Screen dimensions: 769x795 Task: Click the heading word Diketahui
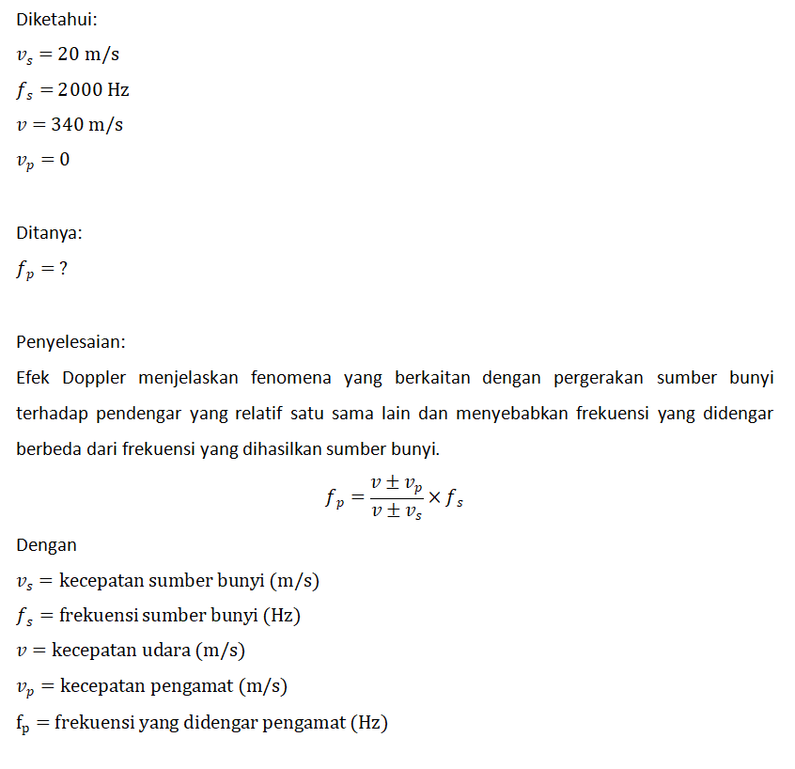pos(55,20)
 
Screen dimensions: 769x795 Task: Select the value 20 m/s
pos(88,55)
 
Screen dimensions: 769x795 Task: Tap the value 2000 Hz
pos(93,90)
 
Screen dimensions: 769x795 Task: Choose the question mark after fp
pos(63,269)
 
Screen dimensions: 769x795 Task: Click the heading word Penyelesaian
pos(70,341)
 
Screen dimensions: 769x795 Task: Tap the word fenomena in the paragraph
pos(292,378)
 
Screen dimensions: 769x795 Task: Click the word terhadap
pos(52,414)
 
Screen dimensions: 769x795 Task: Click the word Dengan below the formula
pos(46,545)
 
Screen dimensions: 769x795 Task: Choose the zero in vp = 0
pos(64,160)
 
